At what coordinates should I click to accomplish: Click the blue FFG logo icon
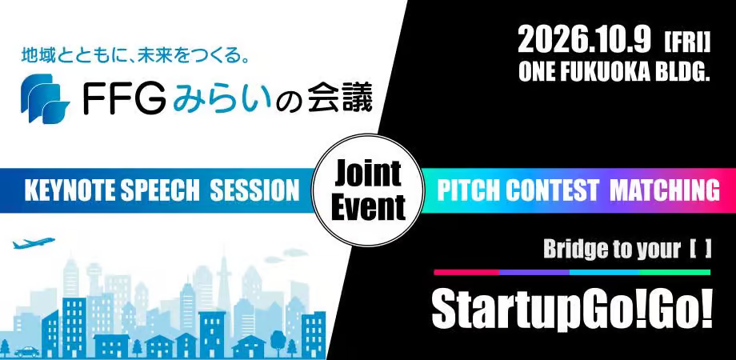45,98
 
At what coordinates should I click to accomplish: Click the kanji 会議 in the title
340,98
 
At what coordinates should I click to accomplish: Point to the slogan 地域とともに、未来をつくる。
134,57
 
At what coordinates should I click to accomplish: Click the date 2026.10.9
584,39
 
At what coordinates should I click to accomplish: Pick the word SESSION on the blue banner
254,190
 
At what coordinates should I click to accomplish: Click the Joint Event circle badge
368,190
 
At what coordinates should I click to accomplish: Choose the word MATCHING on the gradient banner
664,190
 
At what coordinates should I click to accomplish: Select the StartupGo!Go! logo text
572,310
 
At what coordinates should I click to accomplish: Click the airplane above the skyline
34,243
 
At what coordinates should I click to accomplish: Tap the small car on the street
26,351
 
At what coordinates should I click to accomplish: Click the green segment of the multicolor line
675,272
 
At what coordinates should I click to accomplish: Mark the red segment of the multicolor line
466,272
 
